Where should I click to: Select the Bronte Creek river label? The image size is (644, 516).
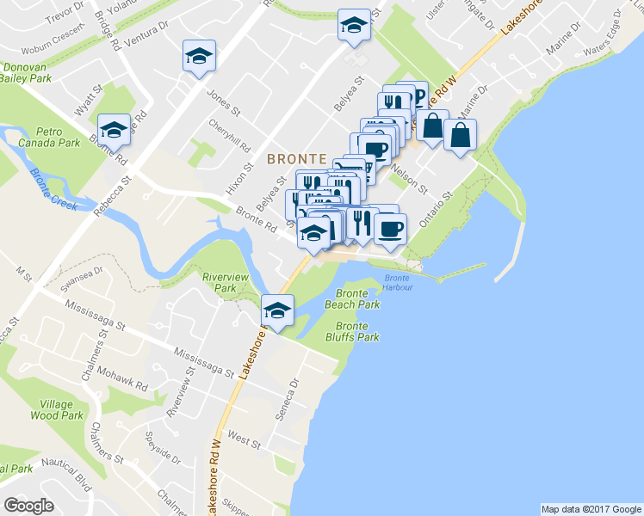click(x=53, y=183)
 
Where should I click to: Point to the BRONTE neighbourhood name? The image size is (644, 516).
click(x=296, y=159)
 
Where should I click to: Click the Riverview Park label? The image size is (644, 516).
click(x=225, y=283)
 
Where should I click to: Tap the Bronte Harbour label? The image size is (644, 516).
click(x=398, y=282)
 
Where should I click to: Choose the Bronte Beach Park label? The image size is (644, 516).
click(x=351, y=299)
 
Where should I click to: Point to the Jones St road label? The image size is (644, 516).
click(x=223, y=105)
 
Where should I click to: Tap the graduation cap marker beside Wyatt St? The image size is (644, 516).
click(x=114, y=130)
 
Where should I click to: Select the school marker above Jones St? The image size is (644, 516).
click(x=199, y=57)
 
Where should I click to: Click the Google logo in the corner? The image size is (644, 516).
click(x=29, y=506)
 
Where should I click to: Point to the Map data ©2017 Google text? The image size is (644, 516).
click(x=590, y=509)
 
